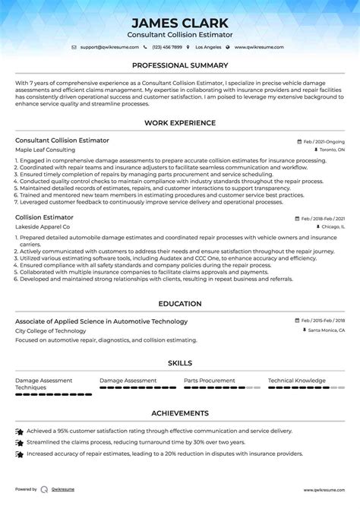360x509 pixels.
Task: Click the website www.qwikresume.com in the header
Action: [259, 47]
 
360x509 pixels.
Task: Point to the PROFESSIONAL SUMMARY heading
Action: [180, 66]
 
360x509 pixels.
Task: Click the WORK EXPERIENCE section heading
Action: [180, 124]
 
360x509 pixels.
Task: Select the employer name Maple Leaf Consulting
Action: [45, 150]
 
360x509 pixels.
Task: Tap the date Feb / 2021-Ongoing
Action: [322, 141]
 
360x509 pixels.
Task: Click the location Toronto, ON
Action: [330, 150]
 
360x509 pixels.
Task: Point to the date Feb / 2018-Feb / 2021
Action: [319, 217]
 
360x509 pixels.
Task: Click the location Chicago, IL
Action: [331, 226]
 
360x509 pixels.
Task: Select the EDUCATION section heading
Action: [180, 304]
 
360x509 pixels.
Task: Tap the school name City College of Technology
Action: [49, 330]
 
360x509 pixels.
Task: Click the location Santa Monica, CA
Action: [326, 330]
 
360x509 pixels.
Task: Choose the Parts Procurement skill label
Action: [210, 380]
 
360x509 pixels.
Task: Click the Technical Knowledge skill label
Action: [297, 380]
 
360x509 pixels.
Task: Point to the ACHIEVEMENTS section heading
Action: [180, 413]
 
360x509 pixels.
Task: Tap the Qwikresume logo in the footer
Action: [45, 490]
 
